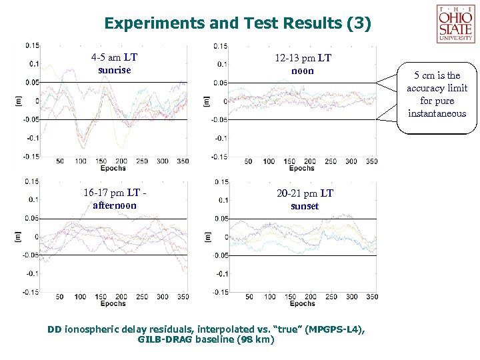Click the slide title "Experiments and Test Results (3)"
[x=237, y=24]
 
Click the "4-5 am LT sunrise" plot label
[x=114, y=63]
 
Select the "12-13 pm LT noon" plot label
[x=303, y=65]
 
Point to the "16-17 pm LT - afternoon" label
[x=115, y=199]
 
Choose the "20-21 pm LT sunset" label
[x=304, y=199]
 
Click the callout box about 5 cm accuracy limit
[x=437, y=95]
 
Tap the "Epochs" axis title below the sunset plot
[x=302, y=304]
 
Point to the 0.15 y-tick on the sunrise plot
[x=32, y=45]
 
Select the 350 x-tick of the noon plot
[x=372, y=161]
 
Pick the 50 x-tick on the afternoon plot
[x=60, y=297]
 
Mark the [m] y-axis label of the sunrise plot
[x=18, y=101]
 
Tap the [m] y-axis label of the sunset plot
[x=207, y=237]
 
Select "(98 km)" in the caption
[x=255, y=339]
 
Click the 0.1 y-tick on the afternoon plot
[x=33, y=199]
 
